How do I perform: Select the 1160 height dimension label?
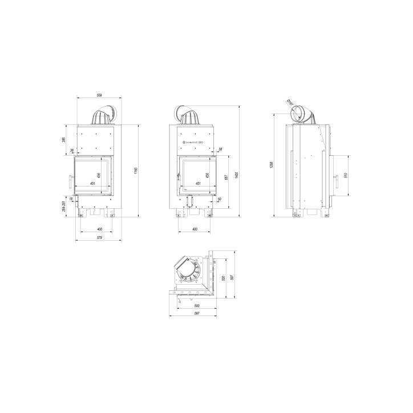click(135, 171)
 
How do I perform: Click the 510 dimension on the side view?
click(346, 176)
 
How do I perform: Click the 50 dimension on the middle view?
click(220, 199)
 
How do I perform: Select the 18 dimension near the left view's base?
click(72, 199)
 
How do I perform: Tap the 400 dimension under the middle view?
click(195, 229)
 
